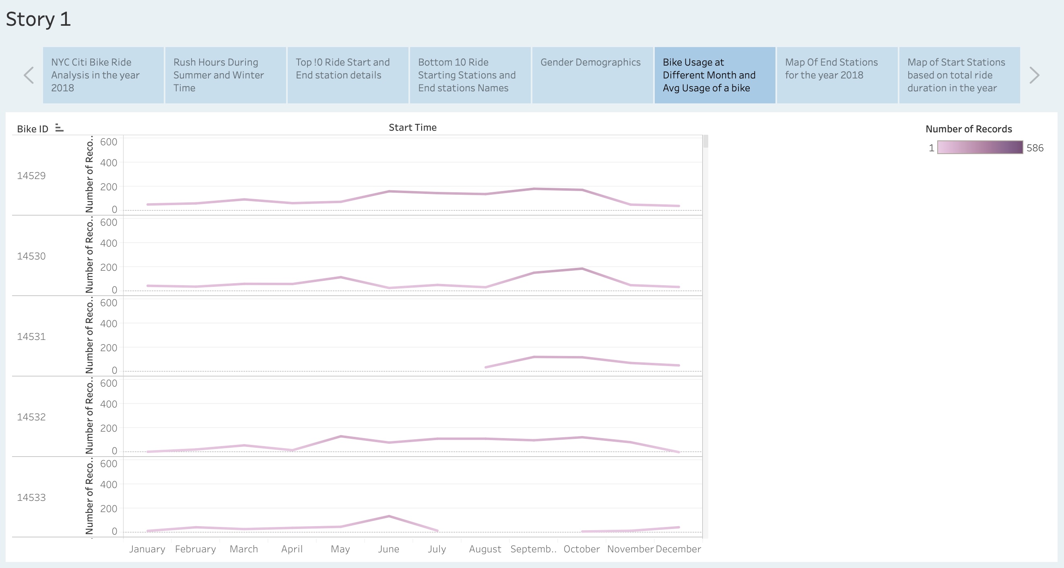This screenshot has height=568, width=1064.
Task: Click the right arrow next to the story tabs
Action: pyautogui.click(x=1034, y=75)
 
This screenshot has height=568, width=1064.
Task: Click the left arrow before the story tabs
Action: pyautogui.click(x=29, y=75)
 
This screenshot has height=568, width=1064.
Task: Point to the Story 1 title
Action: pyautogui.click(x=38, y=19)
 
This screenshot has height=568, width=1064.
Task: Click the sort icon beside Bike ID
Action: pyautogui.click(x=60, y=128)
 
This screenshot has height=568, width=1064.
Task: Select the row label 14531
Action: pyautogui.click(x=31, y=336)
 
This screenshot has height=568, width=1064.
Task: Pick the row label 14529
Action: pyautogui.click(x=31, y=175)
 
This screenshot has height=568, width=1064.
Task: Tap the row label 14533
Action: pyautogui.click(x=31, y=498)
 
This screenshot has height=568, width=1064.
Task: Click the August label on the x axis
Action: pyautogui.click(x=485, y=549)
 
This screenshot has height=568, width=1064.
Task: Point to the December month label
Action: pyautogui.click(x=678, y=549)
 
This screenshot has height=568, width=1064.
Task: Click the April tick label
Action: pyautogui.click(x=292, y=549)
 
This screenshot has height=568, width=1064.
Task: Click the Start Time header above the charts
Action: pyautogui.click(x=412, y=128)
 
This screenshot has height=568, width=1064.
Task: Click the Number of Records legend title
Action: pyautogui.click(x=968, y=129)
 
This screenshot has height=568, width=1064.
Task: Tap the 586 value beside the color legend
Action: pyautogui.click(x=1035, y=148)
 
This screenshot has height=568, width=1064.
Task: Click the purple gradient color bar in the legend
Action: pyautogui.click(x=980, y=147)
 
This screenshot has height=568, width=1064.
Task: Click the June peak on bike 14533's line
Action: pyautogui.click(x=389, y=516)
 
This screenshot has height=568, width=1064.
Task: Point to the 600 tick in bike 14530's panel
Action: pyautogui.click(x=109, y=222)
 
